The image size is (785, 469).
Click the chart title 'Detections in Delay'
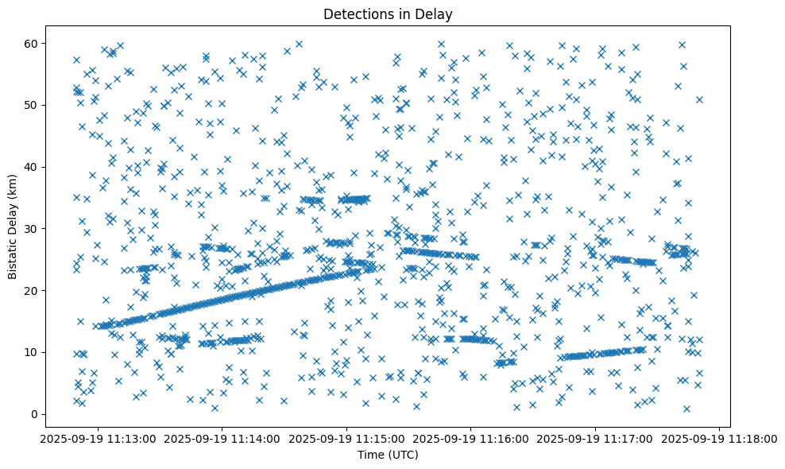pyautogui.click(x=389, y=14)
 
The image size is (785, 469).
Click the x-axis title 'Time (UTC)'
pyautogui.click(x=389, y=455)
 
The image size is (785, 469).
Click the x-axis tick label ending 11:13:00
pyautogui.click(x=98, y=438)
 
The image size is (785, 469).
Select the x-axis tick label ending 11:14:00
pyautogui.click(x=222, y=438)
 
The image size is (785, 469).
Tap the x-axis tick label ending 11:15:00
pyautogui.click(x=346, y=438)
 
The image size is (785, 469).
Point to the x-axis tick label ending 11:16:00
pyautogui.click(x=471, y=438)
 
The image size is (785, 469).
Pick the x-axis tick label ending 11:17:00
pyautogui.click(x=596, y=438)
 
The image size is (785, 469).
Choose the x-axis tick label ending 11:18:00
pyautogui.click(x=720, y=438)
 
